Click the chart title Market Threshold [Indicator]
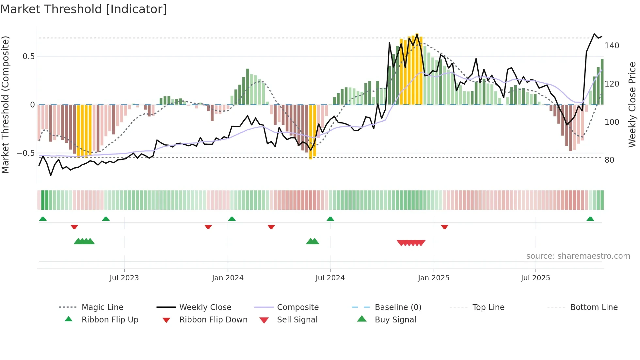84,9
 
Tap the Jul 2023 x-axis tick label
124,278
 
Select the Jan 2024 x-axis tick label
228,278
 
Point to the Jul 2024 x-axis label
330,278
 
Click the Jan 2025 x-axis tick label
433,278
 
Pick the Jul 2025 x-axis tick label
535,278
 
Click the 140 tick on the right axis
612,46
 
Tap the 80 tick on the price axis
609,160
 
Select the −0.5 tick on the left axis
26,153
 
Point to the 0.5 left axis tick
28,57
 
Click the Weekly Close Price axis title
632,105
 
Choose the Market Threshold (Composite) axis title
5,105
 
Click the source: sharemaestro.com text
578,256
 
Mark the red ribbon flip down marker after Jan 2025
444,227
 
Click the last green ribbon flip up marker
590,219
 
